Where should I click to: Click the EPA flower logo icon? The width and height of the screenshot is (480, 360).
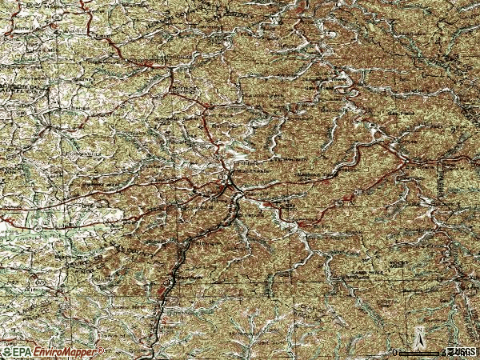(x=7, y=350)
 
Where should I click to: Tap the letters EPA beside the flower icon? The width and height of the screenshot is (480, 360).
(x=23, y=351)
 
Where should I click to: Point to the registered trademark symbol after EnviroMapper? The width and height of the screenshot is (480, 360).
(x=99, y=349)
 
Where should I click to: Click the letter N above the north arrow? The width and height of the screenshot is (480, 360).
(x=418, y=330)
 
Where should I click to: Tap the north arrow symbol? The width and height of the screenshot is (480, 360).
(x=418, y=341)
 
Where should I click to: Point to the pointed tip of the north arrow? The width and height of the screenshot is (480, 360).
(x=418, y=334)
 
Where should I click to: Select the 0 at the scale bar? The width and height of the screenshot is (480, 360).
(x=395, y=351)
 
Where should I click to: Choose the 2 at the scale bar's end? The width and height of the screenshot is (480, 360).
(x=443, y=351)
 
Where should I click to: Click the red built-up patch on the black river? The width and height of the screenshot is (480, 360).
(x=166, y=290)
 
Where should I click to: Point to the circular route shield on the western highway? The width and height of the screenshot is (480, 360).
(x=38, y=228)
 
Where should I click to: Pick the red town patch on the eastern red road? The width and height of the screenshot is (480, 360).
(x=347, y=197)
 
